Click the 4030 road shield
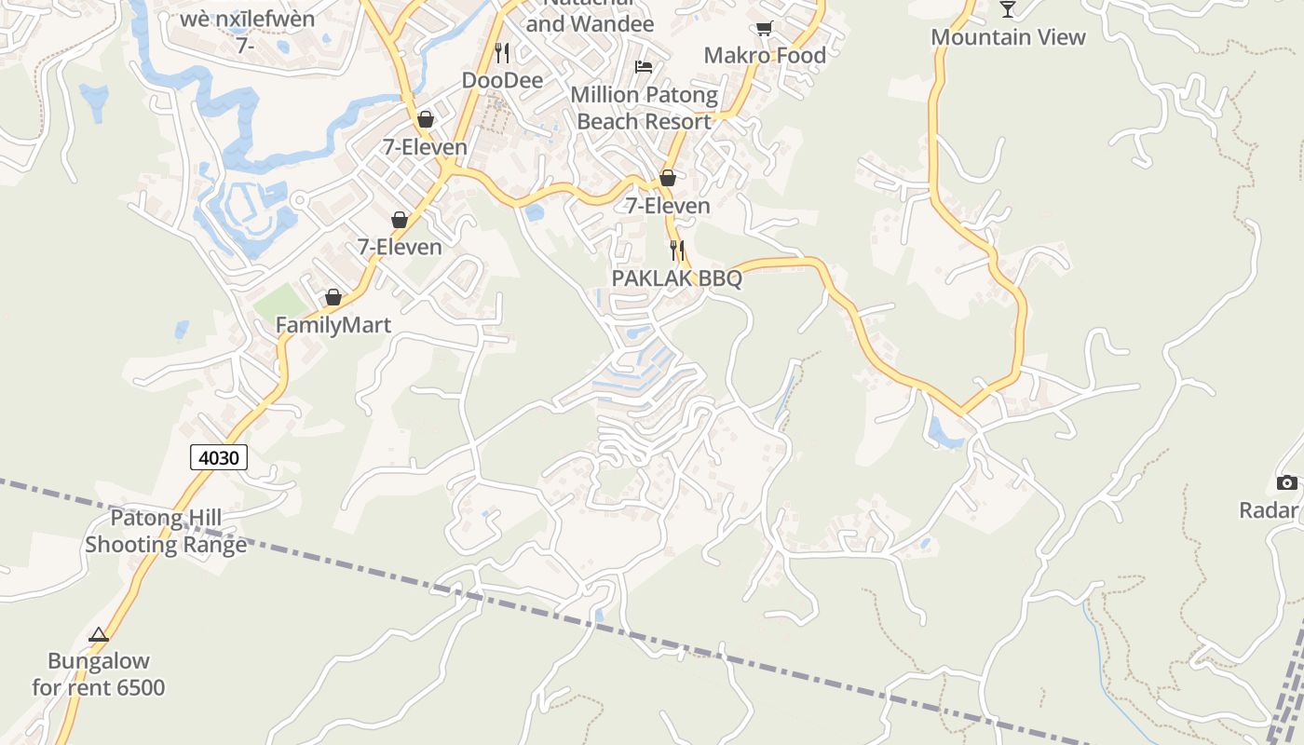coord(219,457)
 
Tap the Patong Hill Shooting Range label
coord(166,532)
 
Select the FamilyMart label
coord(333,325)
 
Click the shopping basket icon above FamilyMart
coord(333,297)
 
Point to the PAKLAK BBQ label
coord(676,278)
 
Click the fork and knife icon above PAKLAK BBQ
coord(677,250)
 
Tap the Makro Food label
coord(765,56)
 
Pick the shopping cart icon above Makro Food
coord(764,28)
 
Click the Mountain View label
coord(1008,37)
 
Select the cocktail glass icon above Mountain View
coord(1008,9)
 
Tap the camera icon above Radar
coord(1286,482)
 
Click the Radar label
coord(1269,510)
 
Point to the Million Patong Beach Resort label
coord(645,108)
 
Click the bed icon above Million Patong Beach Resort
coord(644,66)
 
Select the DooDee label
coord(502,81)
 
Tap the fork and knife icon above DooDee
coord(502,52)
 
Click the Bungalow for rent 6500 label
coord(99,675)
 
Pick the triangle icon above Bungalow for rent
coord(99,635)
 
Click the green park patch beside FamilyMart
coord(280,303)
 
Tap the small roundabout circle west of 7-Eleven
coord(299,200)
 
